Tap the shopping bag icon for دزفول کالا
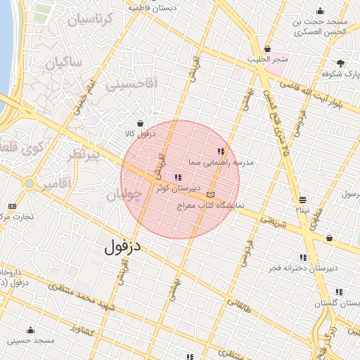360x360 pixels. click(140, 122)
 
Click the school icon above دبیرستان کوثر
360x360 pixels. click(176, 177)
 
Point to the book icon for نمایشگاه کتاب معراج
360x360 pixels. click(212, 195)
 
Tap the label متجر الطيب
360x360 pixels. click(265, 60)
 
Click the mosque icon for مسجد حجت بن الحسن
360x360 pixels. click(321, 11)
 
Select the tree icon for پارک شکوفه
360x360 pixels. click(341, 63)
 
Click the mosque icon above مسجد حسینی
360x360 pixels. click(30, 330)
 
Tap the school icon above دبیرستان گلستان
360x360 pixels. click(339, 292)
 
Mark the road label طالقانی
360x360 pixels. click(238, 303)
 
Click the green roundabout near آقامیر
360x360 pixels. click(29, 184)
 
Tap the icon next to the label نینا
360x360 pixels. click(302, 200)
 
